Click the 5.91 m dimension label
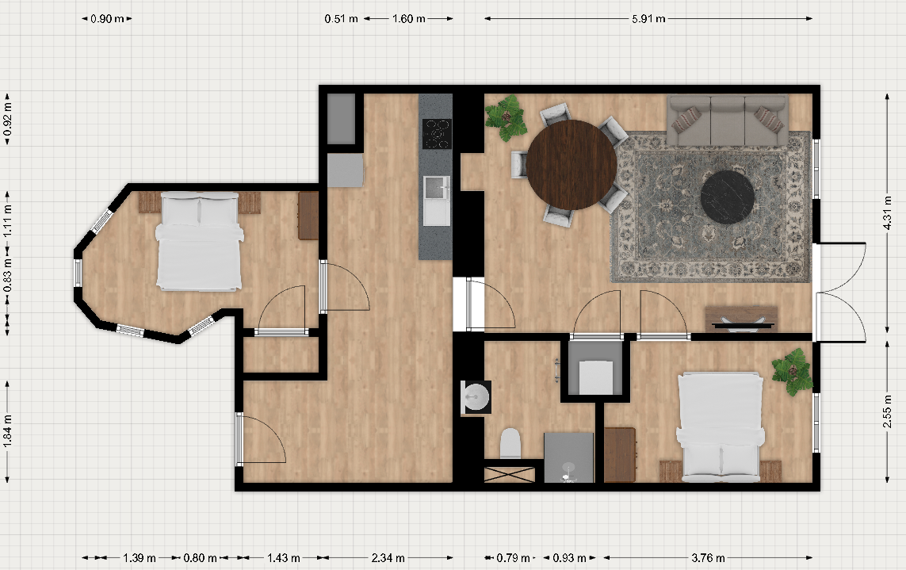tap(648, 18)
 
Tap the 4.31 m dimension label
tap(888, 212)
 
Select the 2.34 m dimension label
tap(388, 558)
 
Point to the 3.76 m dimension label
tap(708, 558)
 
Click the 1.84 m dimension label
tap(7, 430)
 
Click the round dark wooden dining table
tap(572, 165)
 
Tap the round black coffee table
tap(728, 197)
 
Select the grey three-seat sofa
tap(728, 121)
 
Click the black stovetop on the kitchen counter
tap(436, 133)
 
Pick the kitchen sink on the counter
tap(437, 200)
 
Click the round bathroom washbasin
tap(476, 397)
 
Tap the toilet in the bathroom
tap(510, 443)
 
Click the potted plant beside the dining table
tap(507, 118)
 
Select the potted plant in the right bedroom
tap(793, 371)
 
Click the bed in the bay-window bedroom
tap(199, 241)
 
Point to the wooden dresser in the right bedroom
tap(620, 455)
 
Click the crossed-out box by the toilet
tap(509, 475)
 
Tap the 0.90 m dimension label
tap(107, 18)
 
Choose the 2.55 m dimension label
tap(888, 411)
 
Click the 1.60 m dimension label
tap(408, 18)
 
